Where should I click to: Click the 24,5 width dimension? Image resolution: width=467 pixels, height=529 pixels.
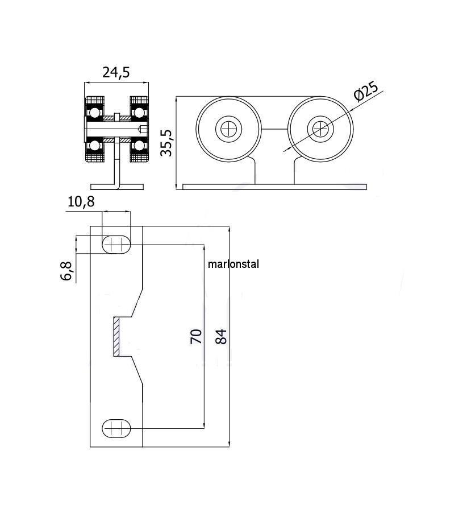coord(116,73)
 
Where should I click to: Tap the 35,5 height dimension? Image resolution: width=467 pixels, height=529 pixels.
coord(166,143)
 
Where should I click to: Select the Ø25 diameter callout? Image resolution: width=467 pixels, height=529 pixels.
coord(366,91)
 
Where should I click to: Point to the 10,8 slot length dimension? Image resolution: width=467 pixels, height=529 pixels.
coord(81,202)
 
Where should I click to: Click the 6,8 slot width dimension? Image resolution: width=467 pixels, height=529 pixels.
coord(66,271)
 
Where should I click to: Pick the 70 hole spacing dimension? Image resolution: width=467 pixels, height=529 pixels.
coord(196,336)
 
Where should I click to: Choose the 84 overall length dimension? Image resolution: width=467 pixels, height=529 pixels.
coord(221,336)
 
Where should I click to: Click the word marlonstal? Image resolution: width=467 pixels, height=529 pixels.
coord(233,264)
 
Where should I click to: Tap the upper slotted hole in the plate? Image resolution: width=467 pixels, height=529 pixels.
coord(116,244)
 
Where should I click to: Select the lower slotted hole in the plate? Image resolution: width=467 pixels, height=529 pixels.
coord(116,428)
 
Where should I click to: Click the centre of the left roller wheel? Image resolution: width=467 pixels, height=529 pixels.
coord(229,129)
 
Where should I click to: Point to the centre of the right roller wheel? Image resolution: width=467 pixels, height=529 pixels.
coord(320,129)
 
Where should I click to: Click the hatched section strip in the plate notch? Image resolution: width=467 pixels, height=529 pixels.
coord(116,336)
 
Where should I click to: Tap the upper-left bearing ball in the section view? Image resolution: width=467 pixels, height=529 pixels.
coord(95,113)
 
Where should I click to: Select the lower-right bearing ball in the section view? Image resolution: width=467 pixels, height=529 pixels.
coord(139,145)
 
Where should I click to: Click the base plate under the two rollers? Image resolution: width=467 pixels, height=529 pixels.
coord(274,187)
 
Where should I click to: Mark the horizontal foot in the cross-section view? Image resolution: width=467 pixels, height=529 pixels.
coord(117,187)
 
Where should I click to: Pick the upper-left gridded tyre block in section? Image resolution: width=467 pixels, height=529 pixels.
coord(95,101)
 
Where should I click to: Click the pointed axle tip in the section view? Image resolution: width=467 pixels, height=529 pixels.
coord(144,129)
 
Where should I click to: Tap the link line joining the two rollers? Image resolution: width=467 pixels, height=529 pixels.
coord(274,129)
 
